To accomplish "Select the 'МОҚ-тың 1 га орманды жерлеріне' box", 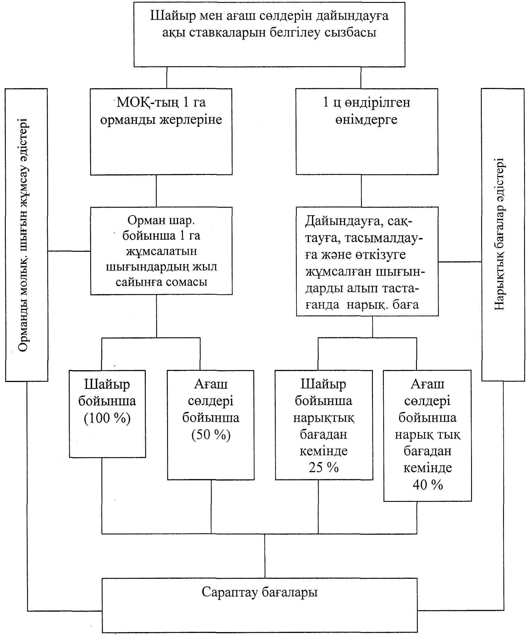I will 161,131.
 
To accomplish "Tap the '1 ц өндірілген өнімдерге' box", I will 367,131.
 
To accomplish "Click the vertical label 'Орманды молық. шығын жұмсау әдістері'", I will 23,235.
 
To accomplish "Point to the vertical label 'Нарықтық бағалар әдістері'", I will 499,234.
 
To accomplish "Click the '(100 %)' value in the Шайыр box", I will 107,418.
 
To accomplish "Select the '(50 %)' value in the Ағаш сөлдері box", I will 211,434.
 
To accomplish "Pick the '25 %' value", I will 324,467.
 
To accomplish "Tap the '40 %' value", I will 428,484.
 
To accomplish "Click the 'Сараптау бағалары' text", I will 259,592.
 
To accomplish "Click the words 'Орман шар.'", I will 161,220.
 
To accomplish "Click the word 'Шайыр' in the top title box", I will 173,16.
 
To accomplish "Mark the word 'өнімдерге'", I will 366,120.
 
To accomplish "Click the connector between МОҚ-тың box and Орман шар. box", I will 156,191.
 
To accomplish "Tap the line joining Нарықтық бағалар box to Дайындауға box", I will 460,262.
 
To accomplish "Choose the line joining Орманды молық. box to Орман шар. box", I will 69,251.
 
